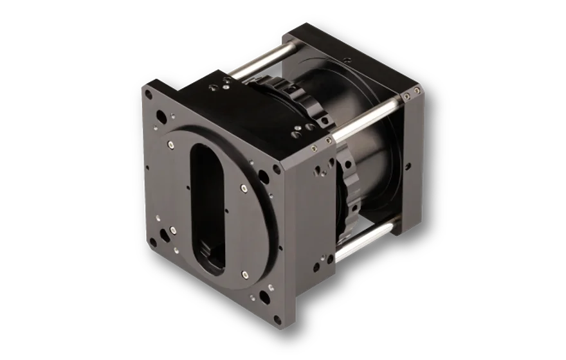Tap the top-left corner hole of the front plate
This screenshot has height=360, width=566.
click(149, 94)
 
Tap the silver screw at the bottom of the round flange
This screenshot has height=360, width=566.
click(245, 275)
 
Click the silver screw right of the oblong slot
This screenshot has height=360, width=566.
click(244, 188)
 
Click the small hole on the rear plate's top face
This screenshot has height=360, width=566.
click(346, 60)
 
